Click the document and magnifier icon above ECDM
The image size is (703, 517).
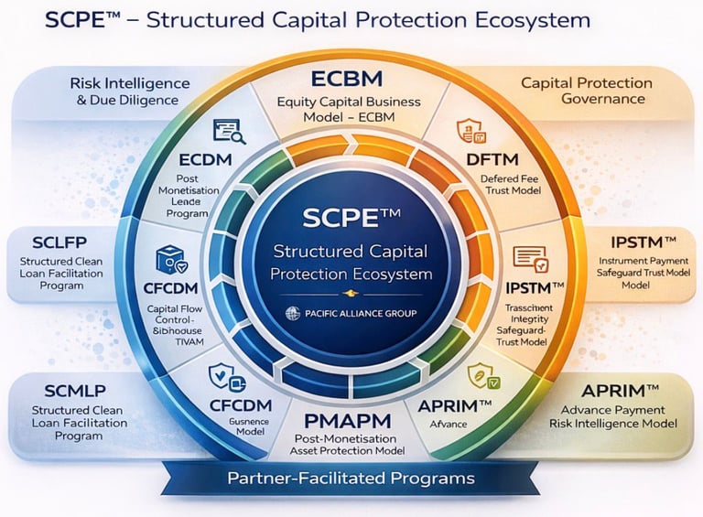click(x=229, y=131)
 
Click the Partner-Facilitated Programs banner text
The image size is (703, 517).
click(x=351, y=478)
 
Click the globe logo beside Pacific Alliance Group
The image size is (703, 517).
click(x=294, y=313)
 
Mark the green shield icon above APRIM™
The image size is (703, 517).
click(x=481, y=375)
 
